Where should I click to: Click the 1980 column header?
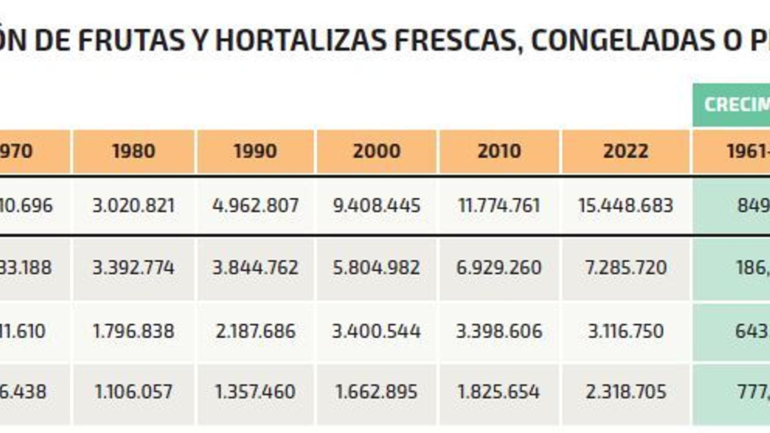134,151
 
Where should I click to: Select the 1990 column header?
256,151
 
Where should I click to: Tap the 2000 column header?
377,151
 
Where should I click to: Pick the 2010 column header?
499,151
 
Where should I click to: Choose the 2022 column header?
626,151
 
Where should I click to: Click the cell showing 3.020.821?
134,206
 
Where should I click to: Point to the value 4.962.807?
256,206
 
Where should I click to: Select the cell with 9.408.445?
377,206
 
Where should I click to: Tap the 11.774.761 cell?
499,206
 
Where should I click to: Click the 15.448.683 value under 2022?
626,206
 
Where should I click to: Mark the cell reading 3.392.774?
134,267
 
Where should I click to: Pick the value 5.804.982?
377,267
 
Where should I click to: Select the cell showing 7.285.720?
626,267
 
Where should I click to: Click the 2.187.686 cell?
256,331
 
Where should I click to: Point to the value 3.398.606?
499,331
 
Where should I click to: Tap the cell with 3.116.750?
626,331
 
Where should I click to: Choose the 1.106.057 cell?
134,392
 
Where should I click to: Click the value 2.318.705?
626,392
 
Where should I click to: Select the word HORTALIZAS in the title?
301,40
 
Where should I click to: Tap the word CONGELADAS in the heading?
623,40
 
